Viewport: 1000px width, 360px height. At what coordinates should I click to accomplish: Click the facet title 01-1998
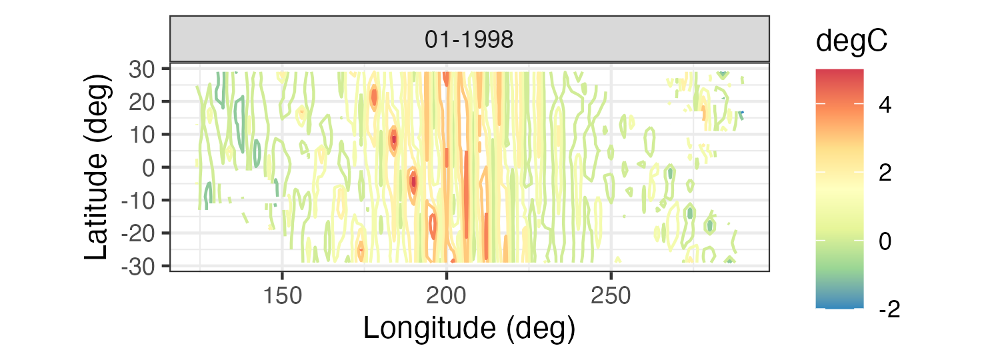coord(469,41)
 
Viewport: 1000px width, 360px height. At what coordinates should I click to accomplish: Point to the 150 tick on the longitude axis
coord(282,294)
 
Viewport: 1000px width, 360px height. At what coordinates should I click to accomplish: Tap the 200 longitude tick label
coord(447,294)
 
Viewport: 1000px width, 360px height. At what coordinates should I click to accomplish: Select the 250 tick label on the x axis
coord(611,294)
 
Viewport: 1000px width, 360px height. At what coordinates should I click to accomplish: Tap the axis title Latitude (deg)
coord(98,167)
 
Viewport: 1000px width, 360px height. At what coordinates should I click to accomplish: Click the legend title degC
coord(851,41)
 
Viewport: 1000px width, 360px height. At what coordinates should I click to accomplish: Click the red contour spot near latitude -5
coord(413,181)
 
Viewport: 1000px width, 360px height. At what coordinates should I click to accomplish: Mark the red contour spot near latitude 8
coord(393,139)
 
